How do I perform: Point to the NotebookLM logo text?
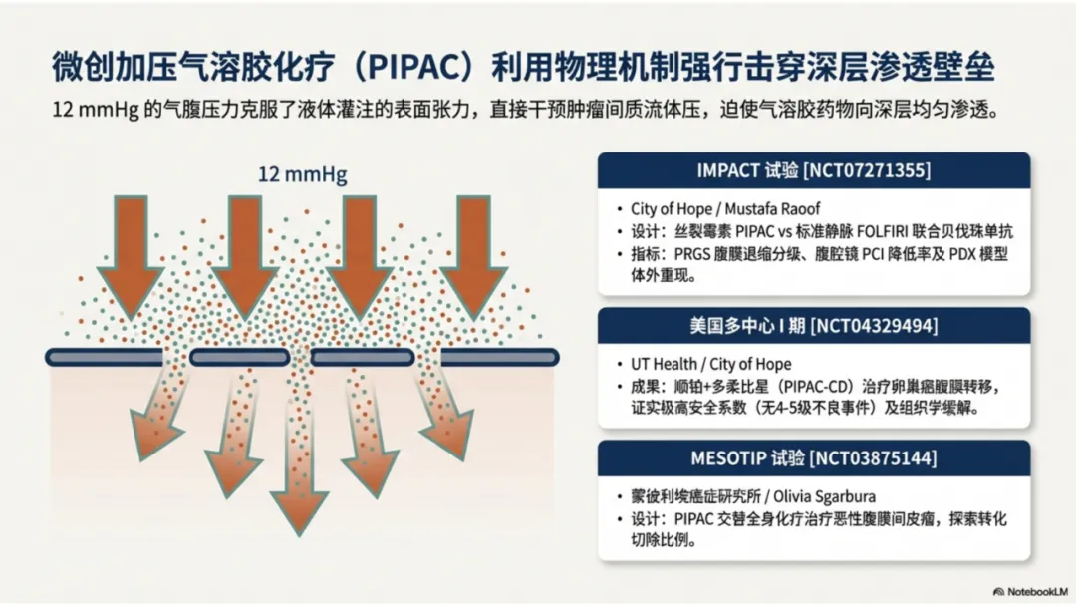click(1032, 591)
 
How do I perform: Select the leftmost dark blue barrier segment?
click(104, 357)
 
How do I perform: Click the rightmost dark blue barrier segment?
click(499, 357)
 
